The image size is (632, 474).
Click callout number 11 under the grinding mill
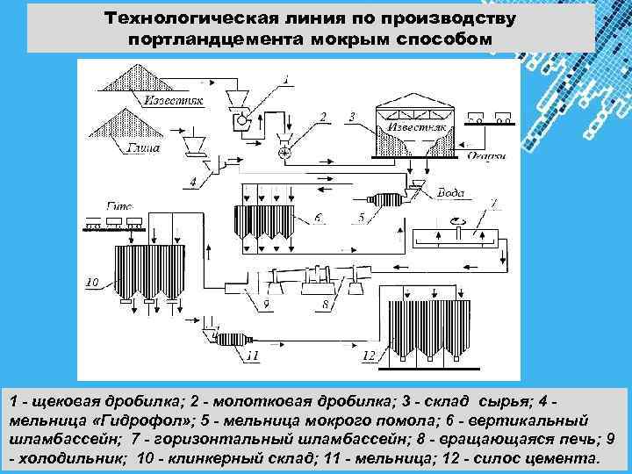click(253, 355)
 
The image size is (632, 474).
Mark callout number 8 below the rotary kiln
click(324, 304)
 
